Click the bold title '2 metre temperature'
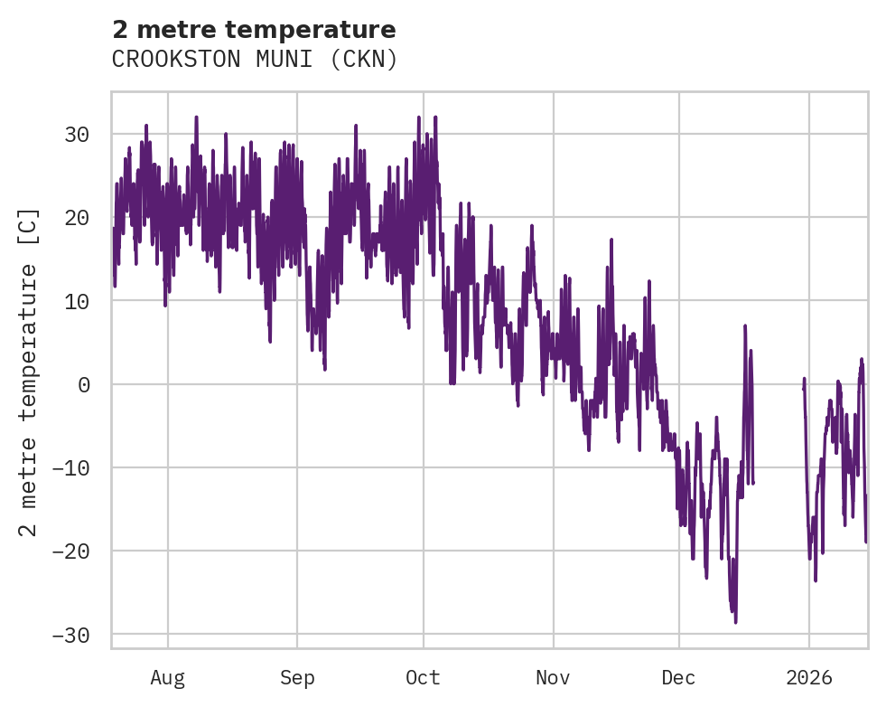[254, 30]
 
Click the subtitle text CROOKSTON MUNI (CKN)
[254, 60]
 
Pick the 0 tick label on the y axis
[83, 384]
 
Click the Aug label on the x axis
[167, 677]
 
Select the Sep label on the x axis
[296, 677]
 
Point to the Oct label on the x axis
[423, 677]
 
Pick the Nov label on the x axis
[553, 677]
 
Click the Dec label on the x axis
[678, 677]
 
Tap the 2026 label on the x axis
[808, 677]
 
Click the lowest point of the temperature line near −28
[735, 621]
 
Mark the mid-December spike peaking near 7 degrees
[745, 326]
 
